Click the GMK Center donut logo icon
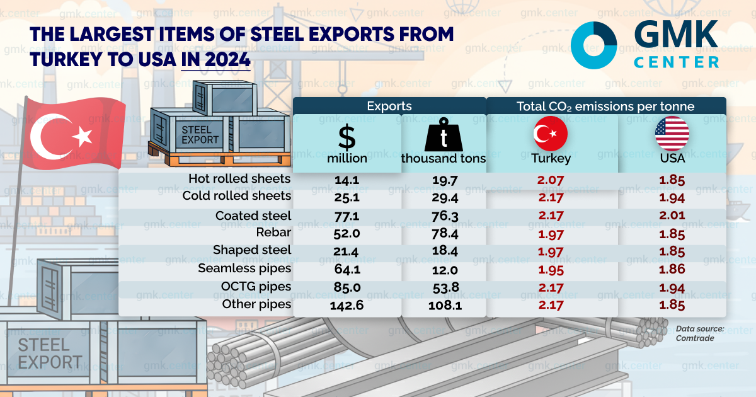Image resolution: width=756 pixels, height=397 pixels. (x=593, y=44)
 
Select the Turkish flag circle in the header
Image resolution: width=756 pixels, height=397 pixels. (x=551, y=133)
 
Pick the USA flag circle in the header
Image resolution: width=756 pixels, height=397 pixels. (x=672, y=133)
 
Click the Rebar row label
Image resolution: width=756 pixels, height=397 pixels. (x=273, y=233)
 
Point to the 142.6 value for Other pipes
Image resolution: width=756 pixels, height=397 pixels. (x=347, y=305)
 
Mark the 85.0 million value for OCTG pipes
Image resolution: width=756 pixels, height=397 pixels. (x=347, y=287)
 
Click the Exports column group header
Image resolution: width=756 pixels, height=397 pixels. (x=389, y=106)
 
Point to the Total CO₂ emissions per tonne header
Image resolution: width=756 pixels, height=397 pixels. (x=605, y=106)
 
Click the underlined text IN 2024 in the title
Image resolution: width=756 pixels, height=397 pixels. (x=215, y=60)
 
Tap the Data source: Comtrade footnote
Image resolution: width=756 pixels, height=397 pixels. (x=699, y=333)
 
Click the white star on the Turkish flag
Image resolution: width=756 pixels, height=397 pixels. (x=83, y=134)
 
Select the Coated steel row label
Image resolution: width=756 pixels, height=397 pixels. (x=253, y=216)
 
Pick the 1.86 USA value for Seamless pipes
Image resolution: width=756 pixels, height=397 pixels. (x=672, y=269)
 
